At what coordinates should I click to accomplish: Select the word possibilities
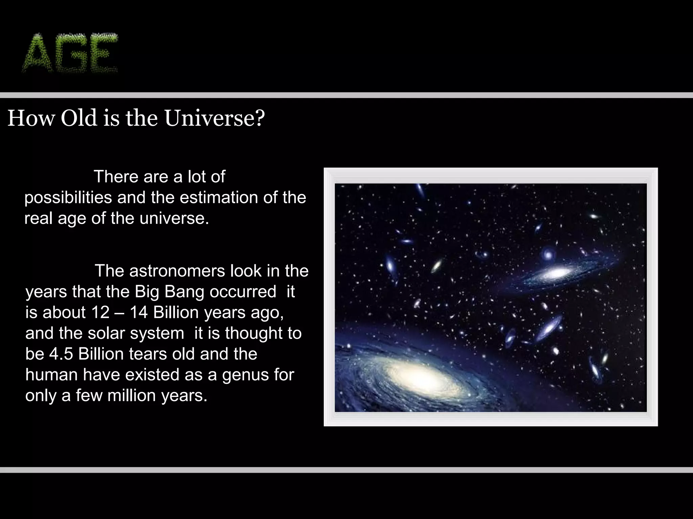[68, 198]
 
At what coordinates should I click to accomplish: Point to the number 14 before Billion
[139, 313]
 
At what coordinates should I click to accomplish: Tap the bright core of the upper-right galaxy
[555, 273]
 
